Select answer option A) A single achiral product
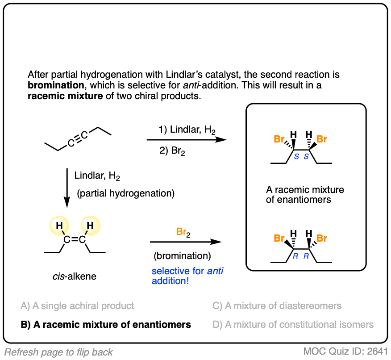(x=77, y=306)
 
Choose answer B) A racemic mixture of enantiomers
(x=106, y=325)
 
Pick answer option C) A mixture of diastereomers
(x=277, y=306)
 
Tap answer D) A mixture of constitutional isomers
(x=293, y=325)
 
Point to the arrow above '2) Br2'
(x=187, y=140)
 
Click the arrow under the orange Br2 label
(x=186, y=242)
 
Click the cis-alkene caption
(x=75, y=277)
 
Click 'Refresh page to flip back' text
(x=58, y=352)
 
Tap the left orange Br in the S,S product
(x=280, y=139)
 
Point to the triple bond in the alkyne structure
(x=78, y=138)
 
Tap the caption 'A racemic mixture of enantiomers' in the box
(x=305, y=195)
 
